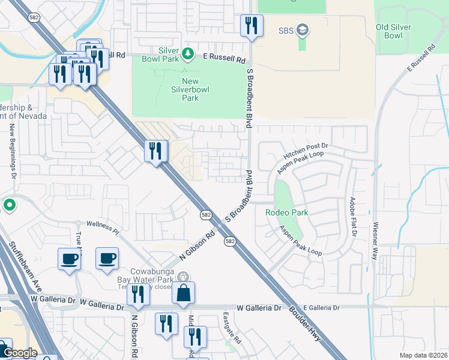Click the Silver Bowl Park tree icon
point(188,54)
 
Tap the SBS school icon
point(303,31)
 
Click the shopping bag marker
point(183,293)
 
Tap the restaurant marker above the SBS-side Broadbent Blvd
point(250,25)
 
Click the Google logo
point(20,353)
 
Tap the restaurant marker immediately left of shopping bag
point(139,294)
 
